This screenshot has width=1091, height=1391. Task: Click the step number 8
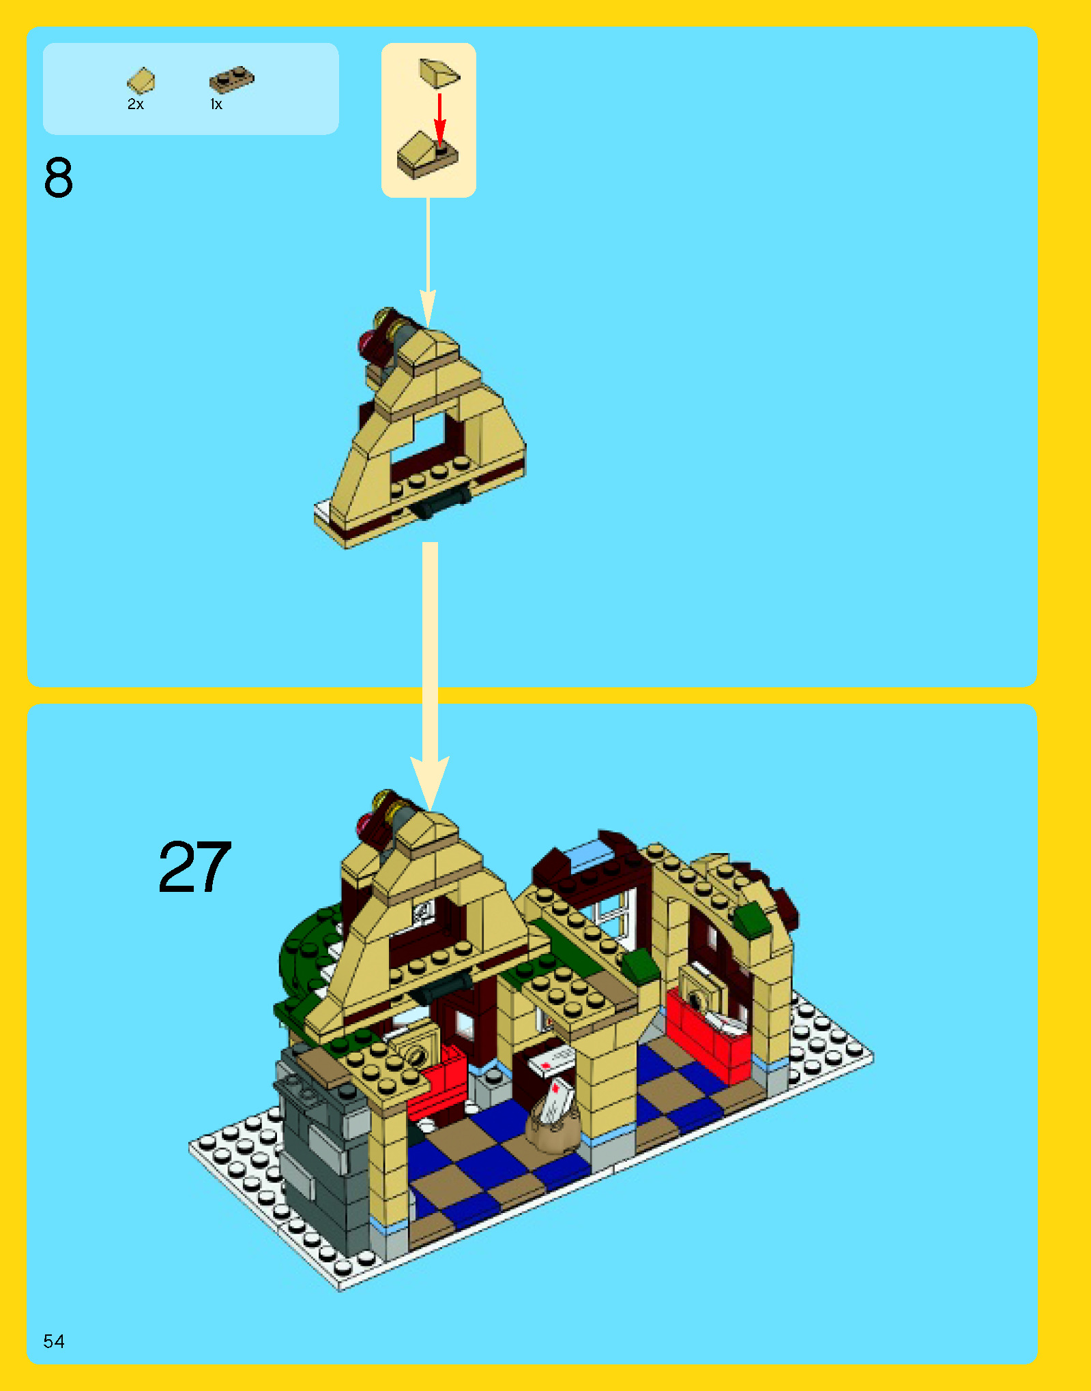click(58, 178)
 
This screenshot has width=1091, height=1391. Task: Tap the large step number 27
click(194, 867)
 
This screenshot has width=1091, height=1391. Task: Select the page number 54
click(54, 1341)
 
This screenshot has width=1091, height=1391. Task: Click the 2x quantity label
click(135, 104)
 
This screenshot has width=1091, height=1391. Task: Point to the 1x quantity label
click(216, 104)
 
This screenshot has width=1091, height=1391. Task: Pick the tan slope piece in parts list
click(141, 80)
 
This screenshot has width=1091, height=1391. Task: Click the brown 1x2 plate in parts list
click(231, 80)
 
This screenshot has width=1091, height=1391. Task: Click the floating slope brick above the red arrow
click(439, 73)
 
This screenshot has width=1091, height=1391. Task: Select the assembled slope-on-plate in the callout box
click(426, 156)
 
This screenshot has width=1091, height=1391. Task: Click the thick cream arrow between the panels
click(430, 668)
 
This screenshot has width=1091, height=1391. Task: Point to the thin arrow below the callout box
click(428, 259)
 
